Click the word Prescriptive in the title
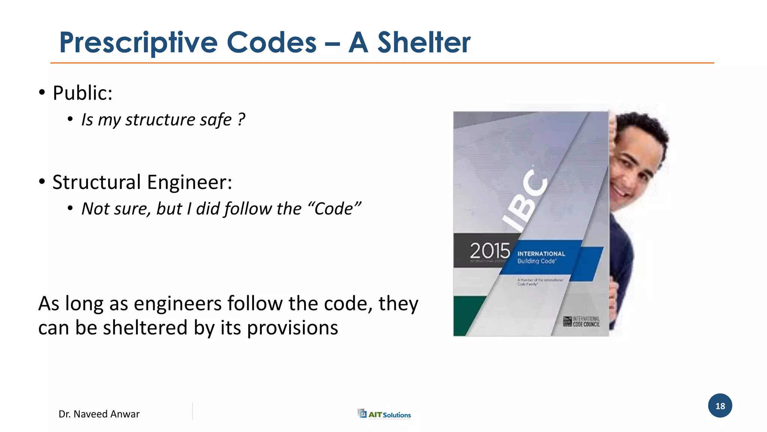(x=138, y=43)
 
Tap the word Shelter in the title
(x=424, y=42)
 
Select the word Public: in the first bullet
(x=82, y=93)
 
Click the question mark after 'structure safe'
(x=241, y=120)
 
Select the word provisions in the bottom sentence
(x=292, y=328)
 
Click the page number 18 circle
(x=720, y=406)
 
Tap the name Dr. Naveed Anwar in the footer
(x=99, y=414)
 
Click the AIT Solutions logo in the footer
(x=384, y=414)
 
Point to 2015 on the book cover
(x=490, y=250)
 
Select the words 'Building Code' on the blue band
(x=536, y=261)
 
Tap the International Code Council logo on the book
(x=582, y=321)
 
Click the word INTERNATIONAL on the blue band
(x=541, y=254)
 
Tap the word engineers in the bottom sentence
(x=178, y=303)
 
